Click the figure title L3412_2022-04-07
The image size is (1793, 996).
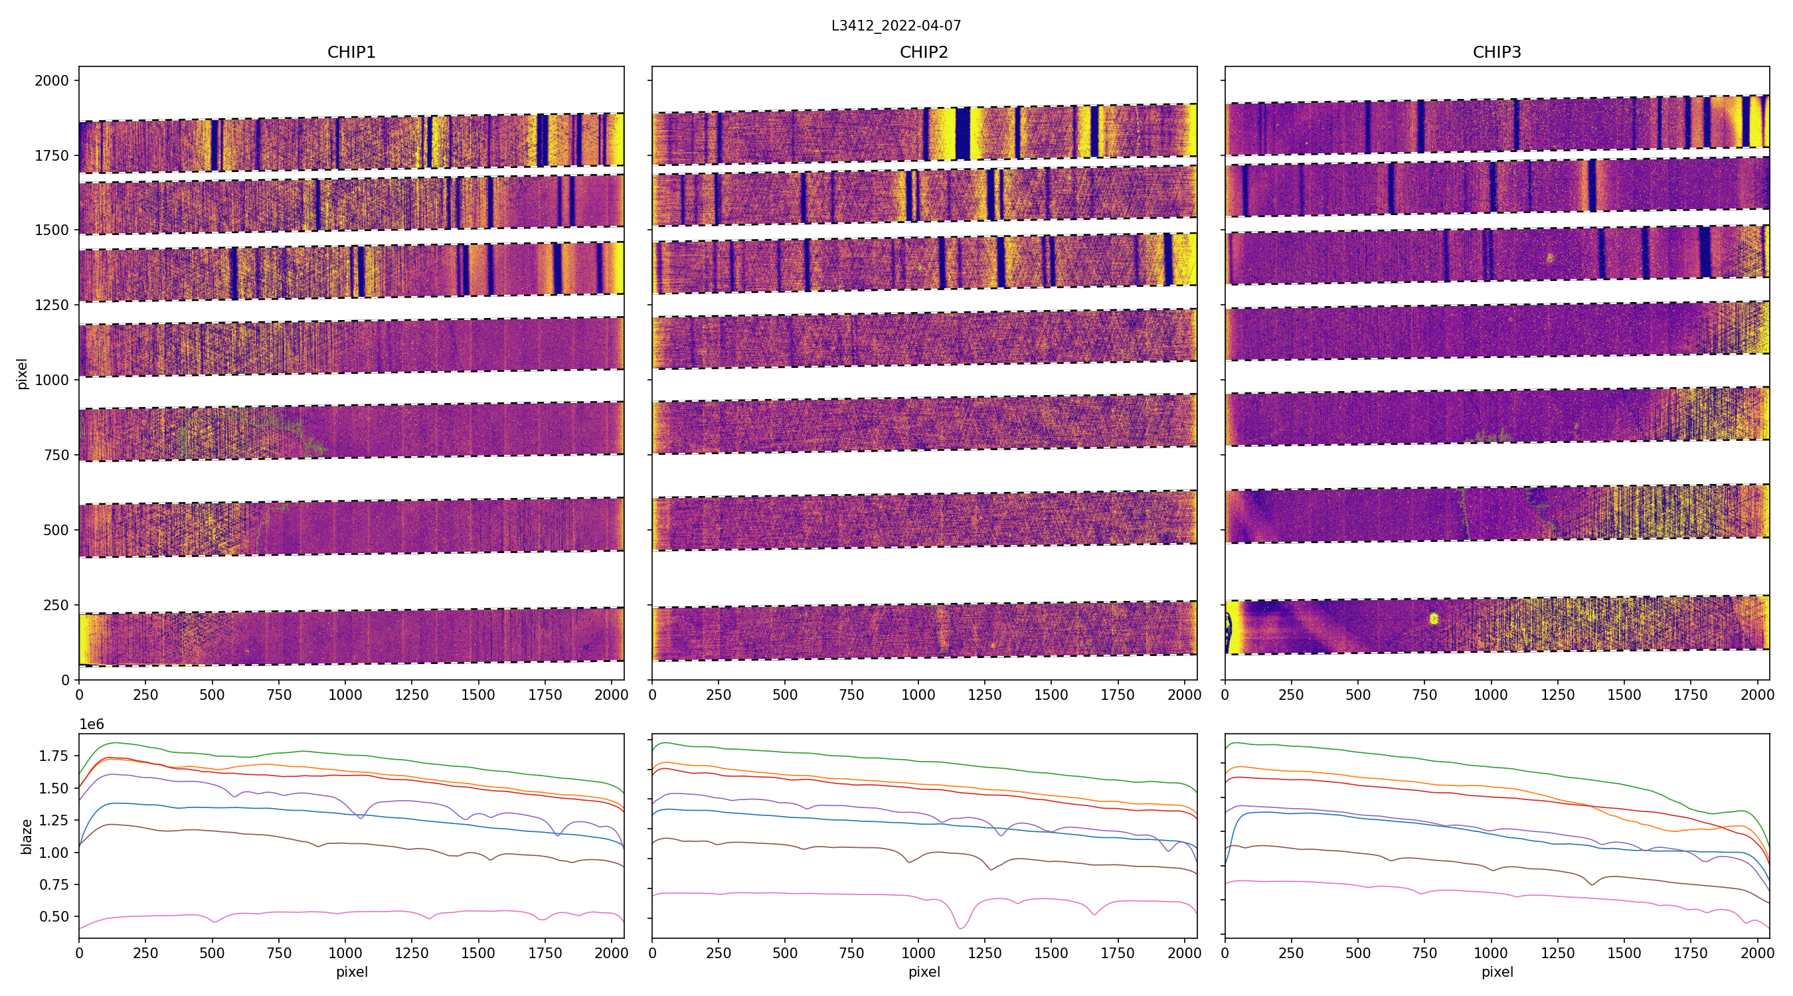[896, 26]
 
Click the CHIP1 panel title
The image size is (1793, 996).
[351, 52]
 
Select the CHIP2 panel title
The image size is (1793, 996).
[924, 52]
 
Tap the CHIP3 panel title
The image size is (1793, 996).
[1496, 52]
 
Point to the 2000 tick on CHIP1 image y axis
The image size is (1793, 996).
[52, 81]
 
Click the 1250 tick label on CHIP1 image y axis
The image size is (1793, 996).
[52, 305]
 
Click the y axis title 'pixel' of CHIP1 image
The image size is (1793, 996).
[23, 374]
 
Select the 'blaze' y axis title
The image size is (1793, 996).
[27, 836]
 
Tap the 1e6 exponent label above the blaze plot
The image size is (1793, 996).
[91, 724]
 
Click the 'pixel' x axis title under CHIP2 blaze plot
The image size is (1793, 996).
[924, 971]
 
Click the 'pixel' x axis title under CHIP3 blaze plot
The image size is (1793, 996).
[1496, 971]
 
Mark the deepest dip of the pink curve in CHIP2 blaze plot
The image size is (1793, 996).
[960, 928]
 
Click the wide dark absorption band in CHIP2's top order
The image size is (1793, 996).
[963, 133]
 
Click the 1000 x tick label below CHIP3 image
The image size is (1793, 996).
[1491, 695]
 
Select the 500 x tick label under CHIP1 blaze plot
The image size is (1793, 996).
[212, 953]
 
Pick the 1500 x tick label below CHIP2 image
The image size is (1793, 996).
[1051, 695]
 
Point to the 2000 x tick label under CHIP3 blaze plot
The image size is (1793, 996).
[1756, 953]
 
